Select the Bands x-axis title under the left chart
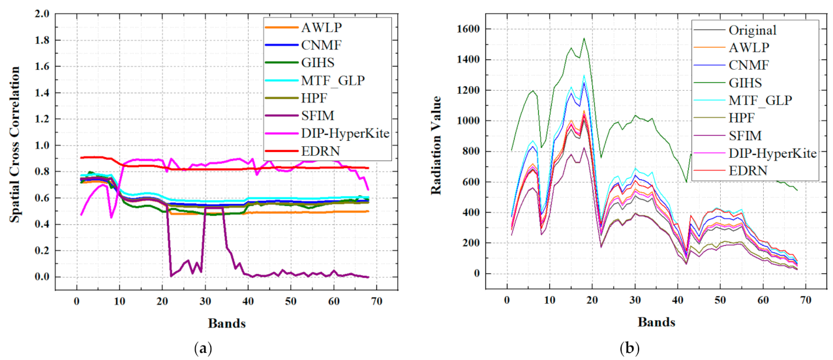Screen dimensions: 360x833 [226, 322]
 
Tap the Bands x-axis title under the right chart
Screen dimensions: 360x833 [656, 322]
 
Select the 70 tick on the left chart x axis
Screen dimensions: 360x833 [376, 301]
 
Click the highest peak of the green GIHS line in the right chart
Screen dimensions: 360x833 [584, 38]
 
